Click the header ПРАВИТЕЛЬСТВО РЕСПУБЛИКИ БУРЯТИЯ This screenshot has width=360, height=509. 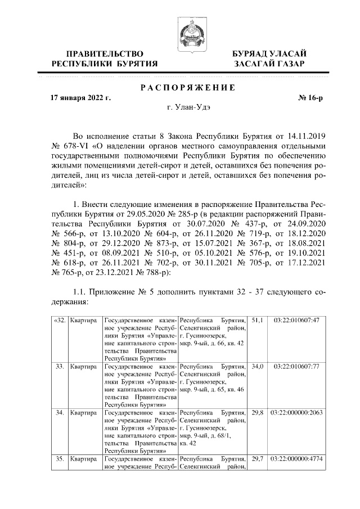[105, 58]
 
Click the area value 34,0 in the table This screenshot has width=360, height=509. [258, 366]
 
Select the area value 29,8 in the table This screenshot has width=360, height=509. [258, 412]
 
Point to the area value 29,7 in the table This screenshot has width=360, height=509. [258, 459]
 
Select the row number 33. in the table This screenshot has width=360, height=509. [58, 366]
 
